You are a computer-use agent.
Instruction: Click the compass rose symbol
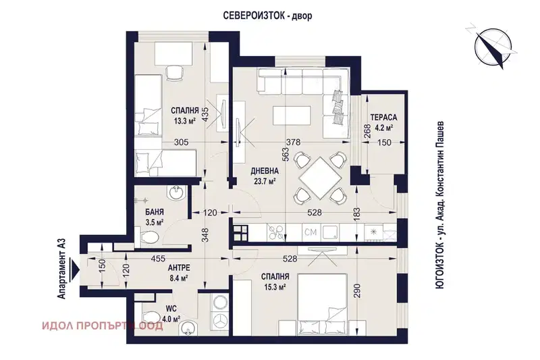point(493,45)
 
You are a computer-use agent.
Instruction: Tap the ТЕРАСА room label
point(383,118)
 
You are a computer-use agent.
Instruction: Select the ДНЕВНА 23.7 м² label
point(265,176)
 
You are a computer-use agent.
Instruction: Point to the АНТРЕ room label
point(179,267)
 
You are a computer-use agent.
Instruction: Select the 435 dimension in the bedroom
point(205,113)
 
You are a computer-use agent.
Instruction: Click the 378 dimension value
point(294,142)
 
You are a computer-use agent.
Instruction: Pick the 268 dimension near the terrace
point(367,132)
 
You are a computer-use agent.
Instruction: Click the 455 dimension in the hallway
point(158,259)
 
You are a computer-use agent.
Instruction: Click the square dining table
point(319,178)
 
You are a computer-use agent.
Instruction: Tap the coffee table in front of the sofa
point(292,115)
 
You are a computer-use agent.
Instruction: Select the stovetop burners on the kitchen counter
point(275,232)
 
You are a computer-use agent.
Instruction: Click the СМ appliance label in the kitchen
point(310,232)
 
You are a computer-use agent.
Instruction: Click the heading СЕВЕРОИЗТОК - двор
point(268,16)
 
